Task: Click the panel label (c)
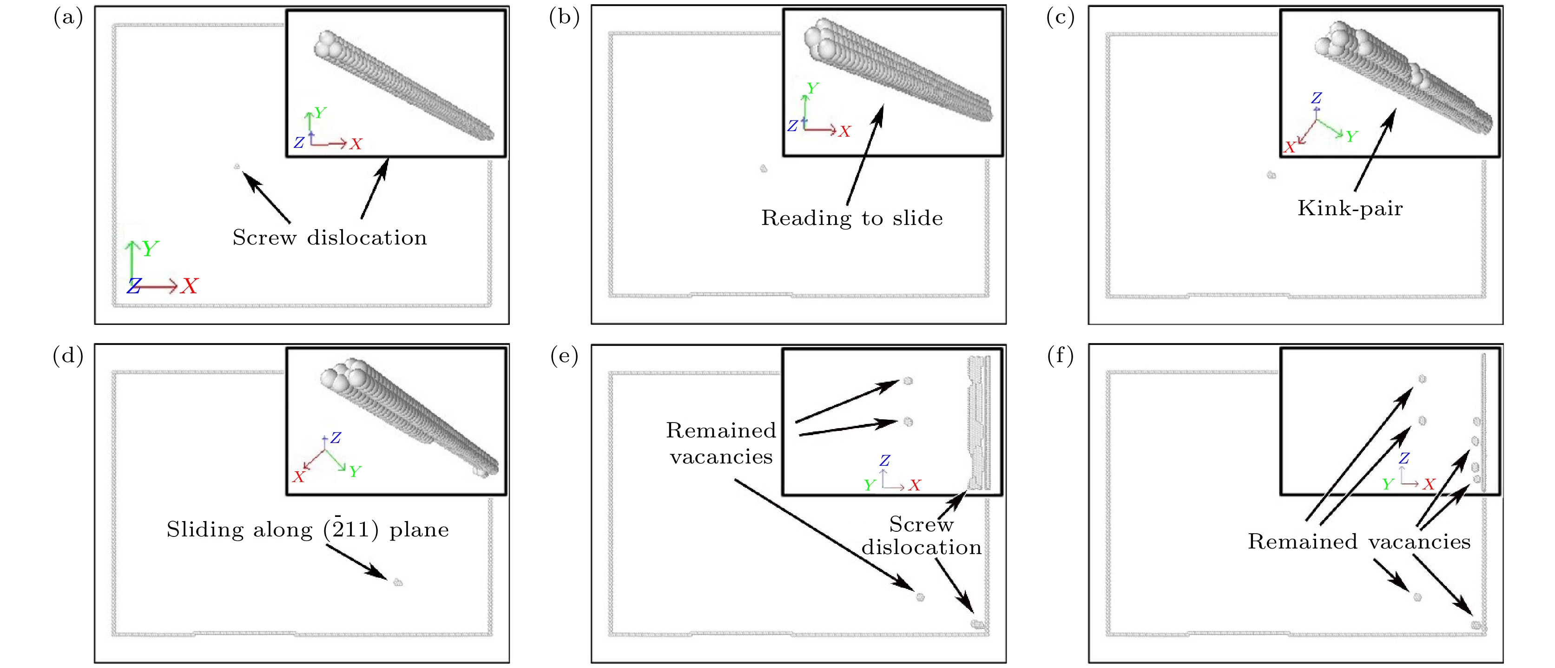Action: click(x=1060, y=18)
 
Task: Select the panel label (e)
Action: click(x=564, y=357)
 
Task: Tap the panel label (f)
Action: click(x=1060, y=357)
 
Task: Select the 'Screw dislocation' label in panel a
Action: click(x=329, y=238)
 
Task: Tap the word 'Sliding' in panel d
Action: click(x=205, y=529)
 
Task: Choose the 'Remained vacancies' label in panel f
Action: click(x=1359, y=541)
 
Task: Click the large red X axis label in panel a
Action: click(x=190, y=286)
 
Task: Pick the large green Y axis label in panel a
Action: click(x=150, y=248)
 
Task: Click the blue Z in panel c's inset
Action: click(x=1317, y=98)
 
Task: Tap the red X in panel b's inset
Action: click(x=844, y=132)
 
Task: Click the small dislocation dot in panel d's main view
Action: click(x=398, y=582)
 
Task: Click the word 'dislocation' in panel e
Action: click(x=921, y=547)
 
